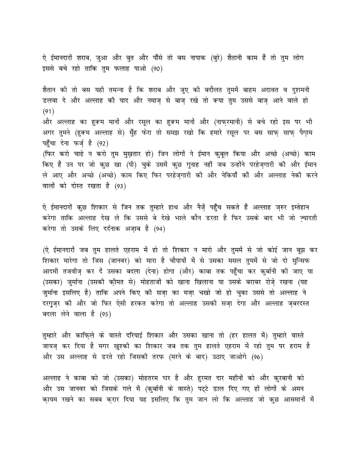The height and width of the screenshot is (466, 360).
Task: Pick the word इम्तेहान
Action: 300,206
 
